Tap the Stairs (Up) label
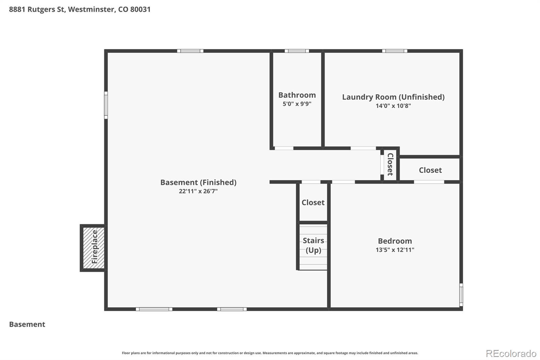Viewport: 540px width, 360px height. point(313,245)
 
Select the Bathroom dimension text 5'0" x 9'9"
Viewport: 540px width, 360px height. point(297,104)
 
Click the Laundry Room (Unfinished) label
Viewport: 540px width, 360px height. point(393,97)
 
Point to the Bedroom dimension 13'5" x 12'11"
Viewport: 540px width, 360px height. point(395,250)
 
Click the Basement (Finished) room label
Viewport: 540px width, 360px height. point(198,182)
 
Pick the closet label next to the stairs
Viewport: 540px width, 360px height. point(313,202)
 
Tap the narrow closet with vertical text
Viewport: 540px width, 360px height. point(390,164)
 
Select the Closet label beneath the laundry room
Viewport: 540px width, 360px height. point(430,170)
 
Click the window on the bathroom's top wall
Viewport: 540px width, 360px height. point(297,51)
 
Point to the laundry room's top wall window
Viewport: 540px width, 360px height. point(395,51)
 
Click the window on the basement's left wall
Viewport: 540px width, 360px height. point(106,105)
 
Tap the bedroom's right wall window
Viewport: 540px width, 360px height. point(461,295)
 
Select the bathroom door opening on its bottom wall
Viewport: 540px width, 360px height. point(284,148)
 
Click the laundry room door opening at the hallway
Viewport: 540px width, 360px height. point(363,148)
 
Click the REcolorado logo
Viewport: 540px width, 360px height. point(511,353)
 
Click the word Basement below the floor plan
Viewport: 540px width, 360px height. point(27,324)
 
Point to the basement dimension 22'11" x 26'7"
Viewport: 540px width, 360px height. point(198,191)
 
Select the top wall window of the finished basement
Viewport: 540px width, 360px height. point(190,51)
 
